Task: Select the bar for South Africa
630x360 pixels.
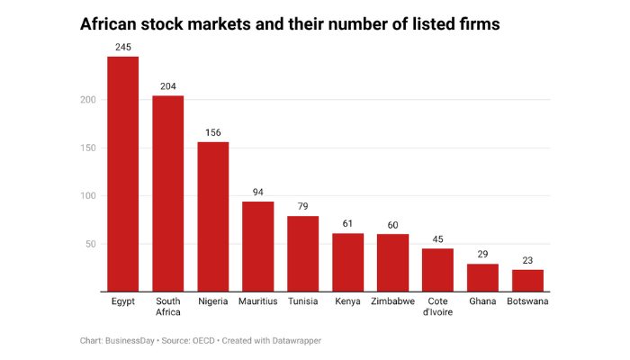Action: [x=167, y=193]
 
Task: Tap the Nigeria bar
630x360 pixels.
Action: [x=212, y=216]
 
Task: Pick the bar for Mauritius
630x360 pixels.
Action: [x=257, y=247]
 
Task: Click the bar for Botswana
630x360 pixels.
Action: [x=527, y=281]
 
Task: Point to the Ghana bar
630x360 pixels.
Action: [x=482, y=278]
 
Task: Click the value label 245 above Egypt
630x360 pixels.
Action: [x=122, y=46]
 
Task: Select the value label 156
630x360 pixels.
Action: [x=212, y=132]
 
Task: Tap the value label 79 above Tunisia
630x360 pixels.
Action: [x=302, y=206]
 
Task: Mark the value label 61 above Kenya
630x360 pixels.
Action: [x=347, y=223]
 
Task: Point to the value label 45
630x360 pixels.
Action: [x=437, y=238]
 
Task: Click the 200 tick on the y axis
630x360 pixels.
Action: [x=87, y=100]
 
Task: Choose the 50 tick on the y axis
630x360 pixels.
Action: [x=90, y=244]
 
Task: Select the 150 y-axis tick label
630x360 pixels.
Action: [x=87, y=148]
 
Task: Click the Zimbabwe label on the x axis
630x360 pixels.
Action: [x=392, y=301]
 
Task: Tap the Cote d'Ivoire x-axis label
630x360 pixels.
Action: [x=437, y=307]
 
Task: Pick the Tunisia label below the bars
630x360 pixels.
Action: [x=302, y=301]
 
